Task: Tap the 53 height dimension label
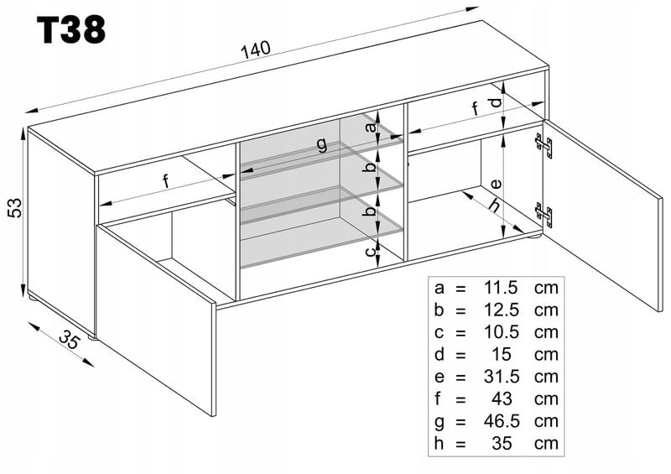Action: (x=12, y=208)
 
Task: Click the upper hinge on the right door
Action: (x=546, y=146)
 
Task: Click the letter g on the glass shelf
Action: (x=321, y=143)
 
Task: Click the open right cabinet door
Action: (x=600, y=210)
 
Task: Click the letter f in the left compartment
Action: (x=165, y=180)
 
